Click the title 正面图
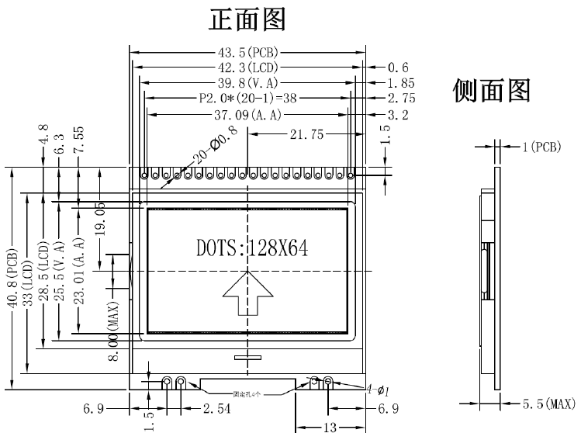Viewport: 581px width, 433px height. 247,19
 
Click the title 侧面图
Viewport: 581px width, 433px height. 491,92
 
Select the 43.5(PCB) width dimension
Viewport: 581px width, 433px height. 247,52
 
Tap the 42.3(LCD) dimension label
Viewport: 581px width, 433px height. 247,68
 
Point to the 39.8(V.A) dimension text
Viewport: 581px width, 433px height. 247,83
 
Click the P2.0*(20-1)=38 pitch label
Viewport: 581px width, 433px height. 247,99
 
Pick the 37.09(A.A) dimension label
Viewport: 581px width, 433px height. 247,115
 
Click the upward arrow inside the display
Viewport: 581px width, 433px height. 248,294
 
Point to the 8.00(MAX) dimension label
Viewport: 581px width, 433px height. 114,331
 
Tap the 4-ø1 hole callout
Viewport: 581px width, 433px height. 376,390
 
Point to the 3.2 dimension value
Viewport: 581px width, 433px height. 397,115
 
